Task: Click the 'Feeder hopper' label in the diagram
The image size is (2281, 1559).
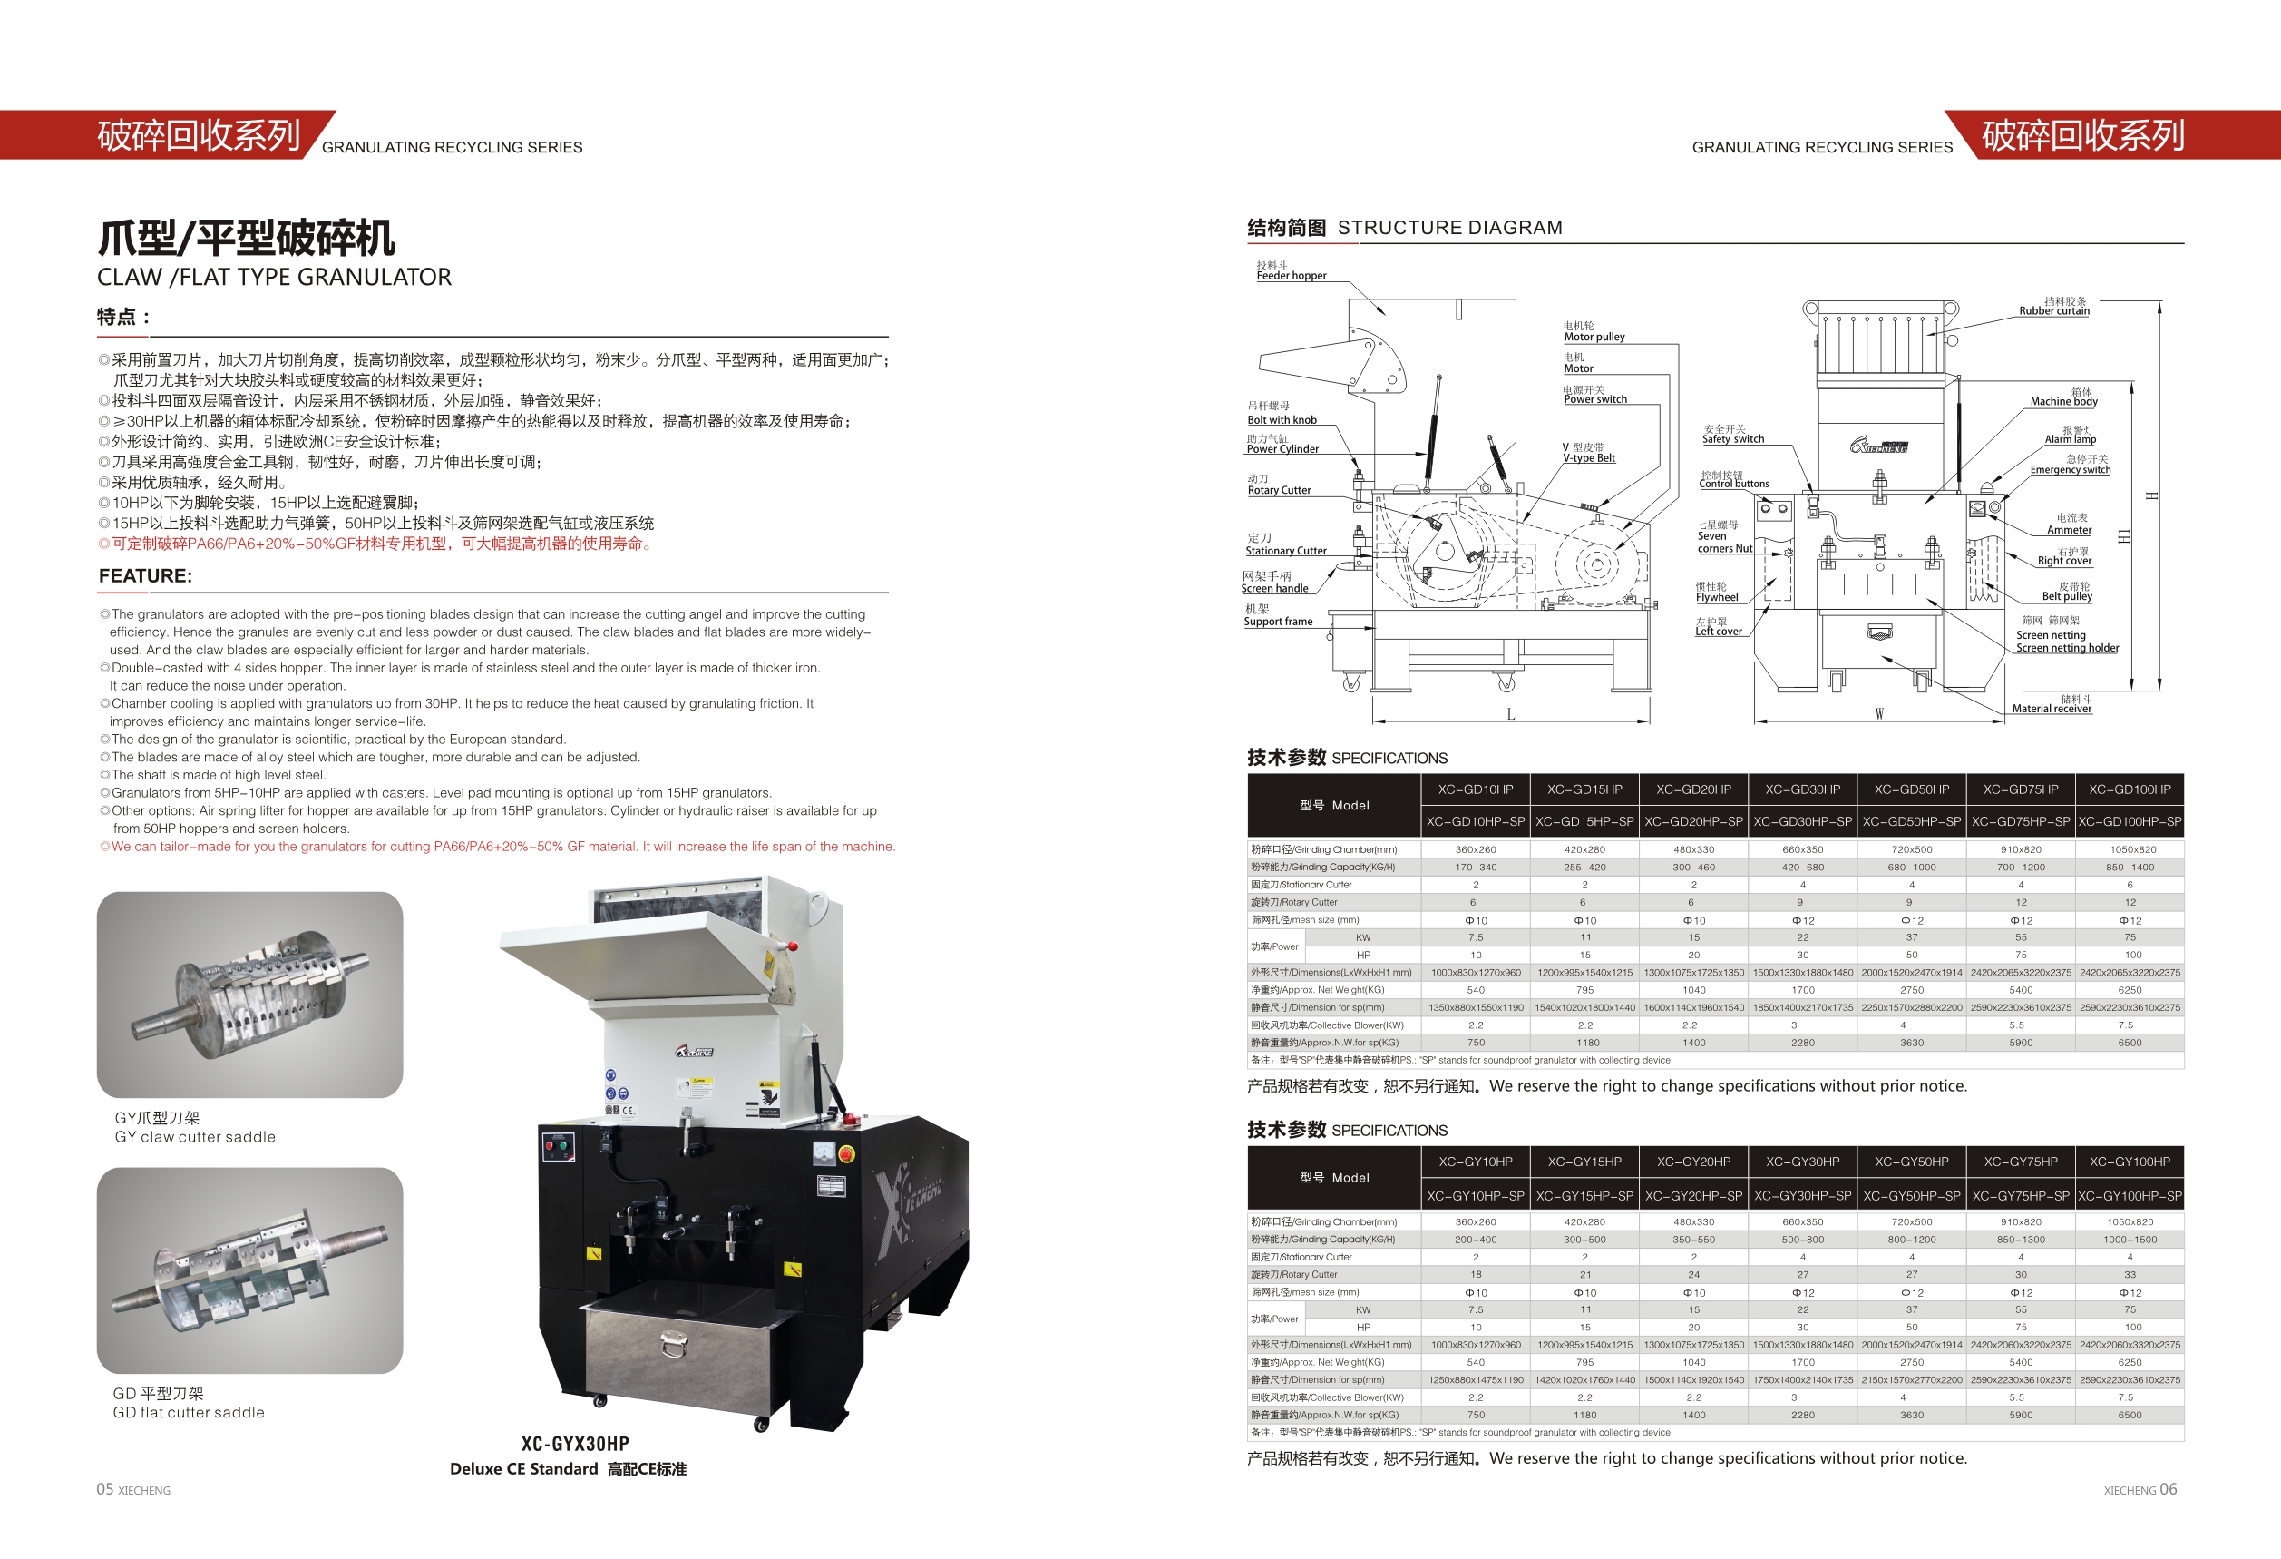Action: tap(1291, 276)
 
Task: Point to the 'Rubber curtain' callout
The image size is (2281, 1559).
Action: tap(2053, 311)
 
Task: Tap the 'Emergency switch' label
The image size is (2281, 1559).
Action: tap(2070, 469)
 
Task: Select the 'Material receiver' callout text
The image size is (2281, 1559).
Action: tap(2052, 709)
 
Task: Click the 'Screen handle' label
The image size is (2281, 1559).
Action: tap(1274, 588)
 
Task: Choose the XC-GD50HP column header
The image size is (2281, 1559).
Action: tap(1911, 789)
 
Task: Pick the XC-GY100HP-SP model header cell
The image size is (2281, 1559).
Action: tap(2129, 1196)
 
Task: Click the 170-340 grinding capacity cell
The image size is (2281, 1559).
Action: tap(1476, 867)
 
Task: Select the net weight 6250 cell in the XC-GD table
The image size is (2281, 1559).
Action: tap(2129, 990)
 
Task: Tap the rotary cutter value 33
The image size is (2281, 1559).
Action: tap(2129, 1274)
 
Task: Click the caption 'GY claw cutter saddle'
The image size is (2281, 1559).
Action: tap(195, 1137)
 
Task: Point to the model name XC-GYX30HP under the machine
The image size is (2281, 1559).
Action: tap(575, 1443)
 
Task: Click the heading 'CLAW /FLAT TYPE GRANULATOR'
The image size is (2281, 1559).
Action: tap(274, 278)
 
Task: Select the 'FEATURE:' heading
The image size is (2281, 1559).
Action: tap(145, 576)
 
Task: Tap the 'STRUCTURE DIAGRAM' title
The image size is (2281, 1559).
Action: tap(1449, 228)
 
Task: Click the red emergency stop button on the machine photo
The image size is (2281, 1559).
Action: tap(846, 1152)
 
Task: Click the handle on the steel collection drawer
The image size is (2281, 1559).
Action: tap(673, 1342)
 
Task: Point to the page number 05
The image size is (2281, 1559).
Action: tap(105, 1489)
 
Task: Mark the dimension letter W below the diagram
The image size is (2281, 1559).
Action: tap(1878, 714)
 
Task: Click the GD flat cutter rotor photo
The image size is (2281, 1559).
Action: tap(249, 1270)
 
